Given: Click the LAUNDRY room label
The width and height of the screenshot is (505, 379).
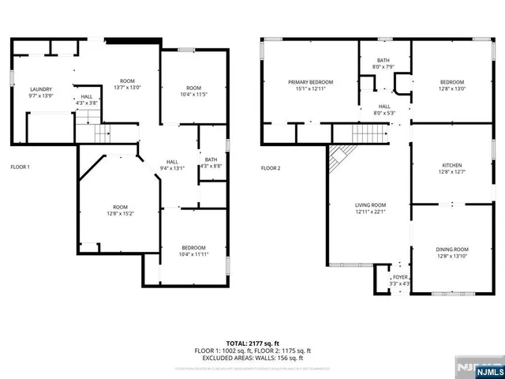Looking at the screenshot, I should (x=39, y=89).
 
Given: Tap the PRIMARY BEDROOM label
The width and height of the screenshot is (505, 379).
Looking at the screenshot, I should (x=310, y=82).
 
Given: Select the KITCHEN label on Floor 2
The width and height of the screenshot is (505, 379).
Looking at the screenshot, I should (x=451, y=166).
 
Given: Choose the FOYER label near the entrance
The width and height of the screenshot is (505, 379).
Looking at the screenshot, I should (x=401, y=277).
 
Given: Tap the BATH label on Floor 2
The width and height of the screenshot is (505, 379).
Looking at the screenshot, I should (x=383, y=60).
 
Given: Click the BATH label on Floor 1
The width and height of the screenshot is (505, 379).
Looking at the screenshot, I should (x=211, y=159).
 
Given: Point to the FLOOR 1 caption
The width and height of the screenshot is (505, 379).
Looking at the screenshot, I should (x=21, y=167).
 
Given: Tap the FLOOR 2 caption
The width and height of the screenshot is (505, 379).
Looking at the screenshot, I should (x=271, y=167).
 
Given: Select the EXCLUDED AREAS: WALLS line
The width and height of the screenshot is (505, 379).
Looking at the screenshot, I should (x=252, y=357).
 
